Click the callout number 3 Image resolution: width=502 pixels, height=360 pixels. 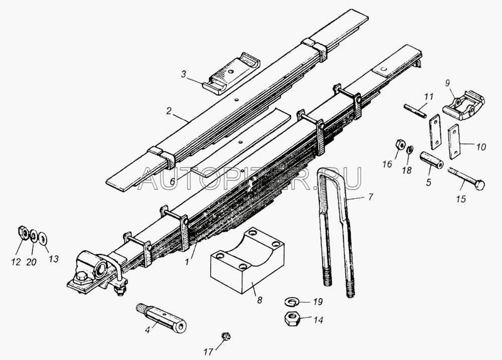point(183,74)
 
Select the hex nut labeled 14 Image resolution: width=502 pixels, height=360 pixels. point(292,319)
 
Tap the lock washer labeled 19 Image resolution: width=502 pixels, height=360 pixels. point(292,301)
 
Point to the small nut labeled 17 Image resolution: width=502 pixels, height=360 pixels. point(226,336)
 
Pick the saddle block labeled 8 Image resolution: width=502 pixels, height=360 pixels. point(247,260)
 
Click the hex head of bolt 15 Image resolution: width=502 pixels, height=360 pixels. point(479,184)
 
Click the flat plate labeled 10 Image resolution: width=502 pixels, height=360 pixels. point(454,142)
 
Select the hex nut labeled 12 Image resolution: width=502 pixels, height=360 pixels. point(23,232)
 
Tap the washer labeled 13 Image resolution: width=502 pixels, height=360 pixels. point(42,238)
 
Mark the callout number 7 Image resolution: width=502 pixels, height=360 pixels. point(370,197)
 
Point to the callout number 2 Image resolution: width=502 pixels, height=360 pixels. point(169,111)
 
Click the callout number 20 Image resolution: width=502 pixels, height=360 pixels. point(31,262)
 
